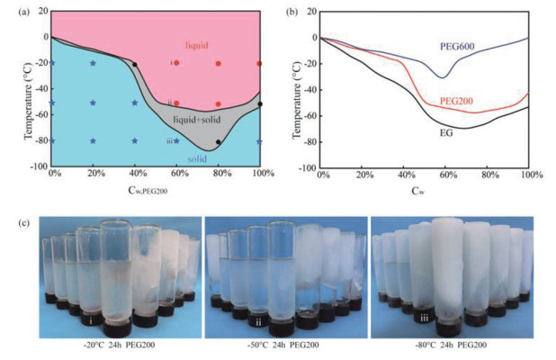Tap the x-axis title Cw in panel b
click(x=425, y=191)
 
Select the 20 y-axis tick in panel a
click(x=39, y=11)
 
